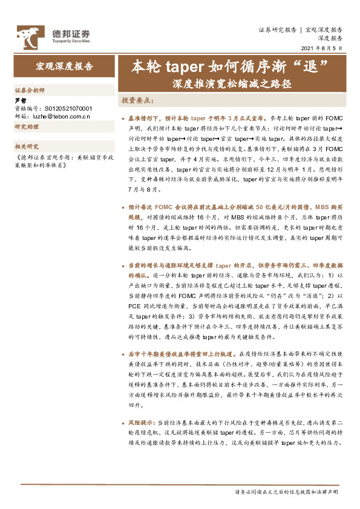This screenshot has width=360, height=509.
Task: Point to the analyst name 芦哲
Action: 20,100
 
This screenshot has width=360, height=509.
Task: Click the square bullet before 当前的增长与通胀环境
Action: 123,265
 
